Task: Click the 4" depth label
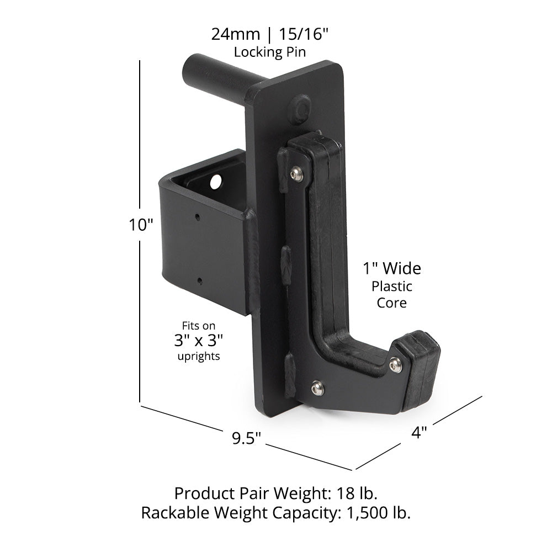click(x=420, y=433)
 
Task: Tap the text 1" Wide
click(x=391, y=269)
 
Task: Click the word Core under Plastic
click(x=391, y=302)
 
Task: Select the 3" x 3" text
click(x=198, y=341)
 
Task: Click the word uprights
click(x=198, y=357)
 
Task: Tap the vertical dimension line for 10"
click(x=141, y=232)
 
